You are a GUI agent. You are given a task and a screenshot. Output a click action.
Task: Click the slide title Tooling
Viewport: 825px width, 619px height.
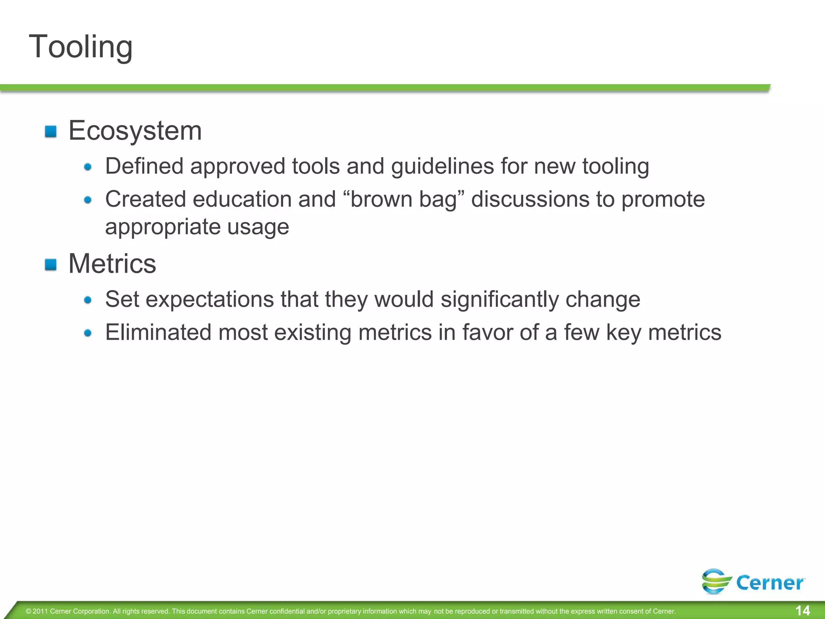point(81,47)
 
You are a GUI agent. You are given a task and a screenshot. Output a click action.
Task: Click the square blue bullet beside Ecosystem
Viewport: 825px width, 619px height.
point(51,132)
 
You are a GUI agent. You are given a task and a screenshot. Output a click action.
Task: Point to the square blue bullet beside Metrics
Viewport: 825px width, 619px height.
point(51,265)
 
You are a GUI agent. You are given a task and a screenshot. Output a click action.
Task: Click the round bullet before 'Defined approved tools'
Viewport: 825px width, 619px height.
point(88,167)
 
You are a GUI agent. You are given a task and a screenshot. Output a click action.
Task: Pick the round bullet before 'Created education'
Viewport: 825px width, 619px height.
point(88,200)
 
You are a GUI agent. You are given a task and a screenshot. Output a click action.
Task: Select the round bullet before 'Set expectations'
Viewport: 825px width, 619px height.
point(88,300)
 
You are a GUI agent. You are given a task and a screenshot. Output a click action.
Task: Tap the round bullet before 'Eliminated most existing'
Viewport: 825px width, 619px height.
point(88,333)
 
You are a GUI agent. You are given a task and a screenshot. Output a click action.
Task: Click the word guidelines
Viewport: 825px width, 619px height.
point(442,166)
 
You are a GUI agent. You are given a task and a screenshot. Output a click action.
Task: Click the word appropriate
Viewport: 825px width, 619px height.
point(163,226)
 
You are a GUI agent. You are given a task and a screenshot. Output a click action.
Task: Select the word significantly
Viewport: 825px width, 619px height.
point(500,299)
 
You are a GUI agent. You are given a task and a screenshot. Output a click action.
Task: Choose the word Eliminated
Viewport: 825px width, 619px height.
point(158,332)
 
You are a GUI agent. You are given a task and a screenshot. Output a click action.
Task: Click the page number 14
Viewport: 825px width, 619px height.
point(803,610)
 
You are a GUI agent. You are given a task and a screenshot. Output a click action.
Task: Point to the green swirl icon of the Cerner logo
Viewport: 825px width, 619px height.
point(716,581)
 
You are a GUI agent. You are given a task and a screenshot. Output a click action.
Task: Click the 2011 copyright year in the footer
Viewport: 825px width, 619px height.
point(40,611)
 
